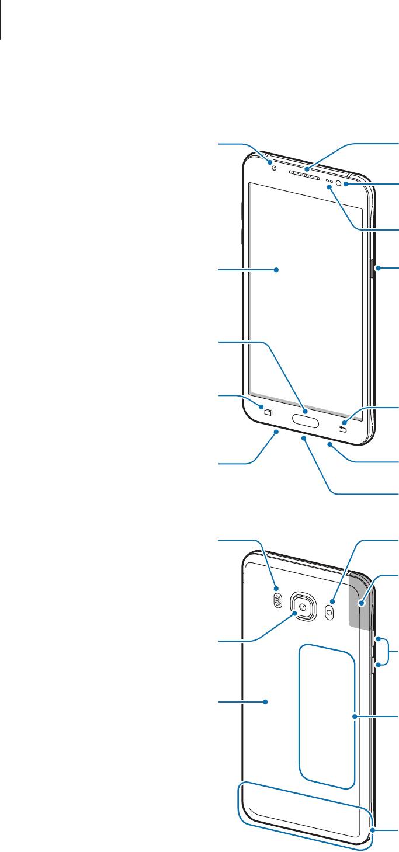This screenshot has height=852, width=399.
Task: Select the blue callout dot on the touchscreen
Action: [276, 270]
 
